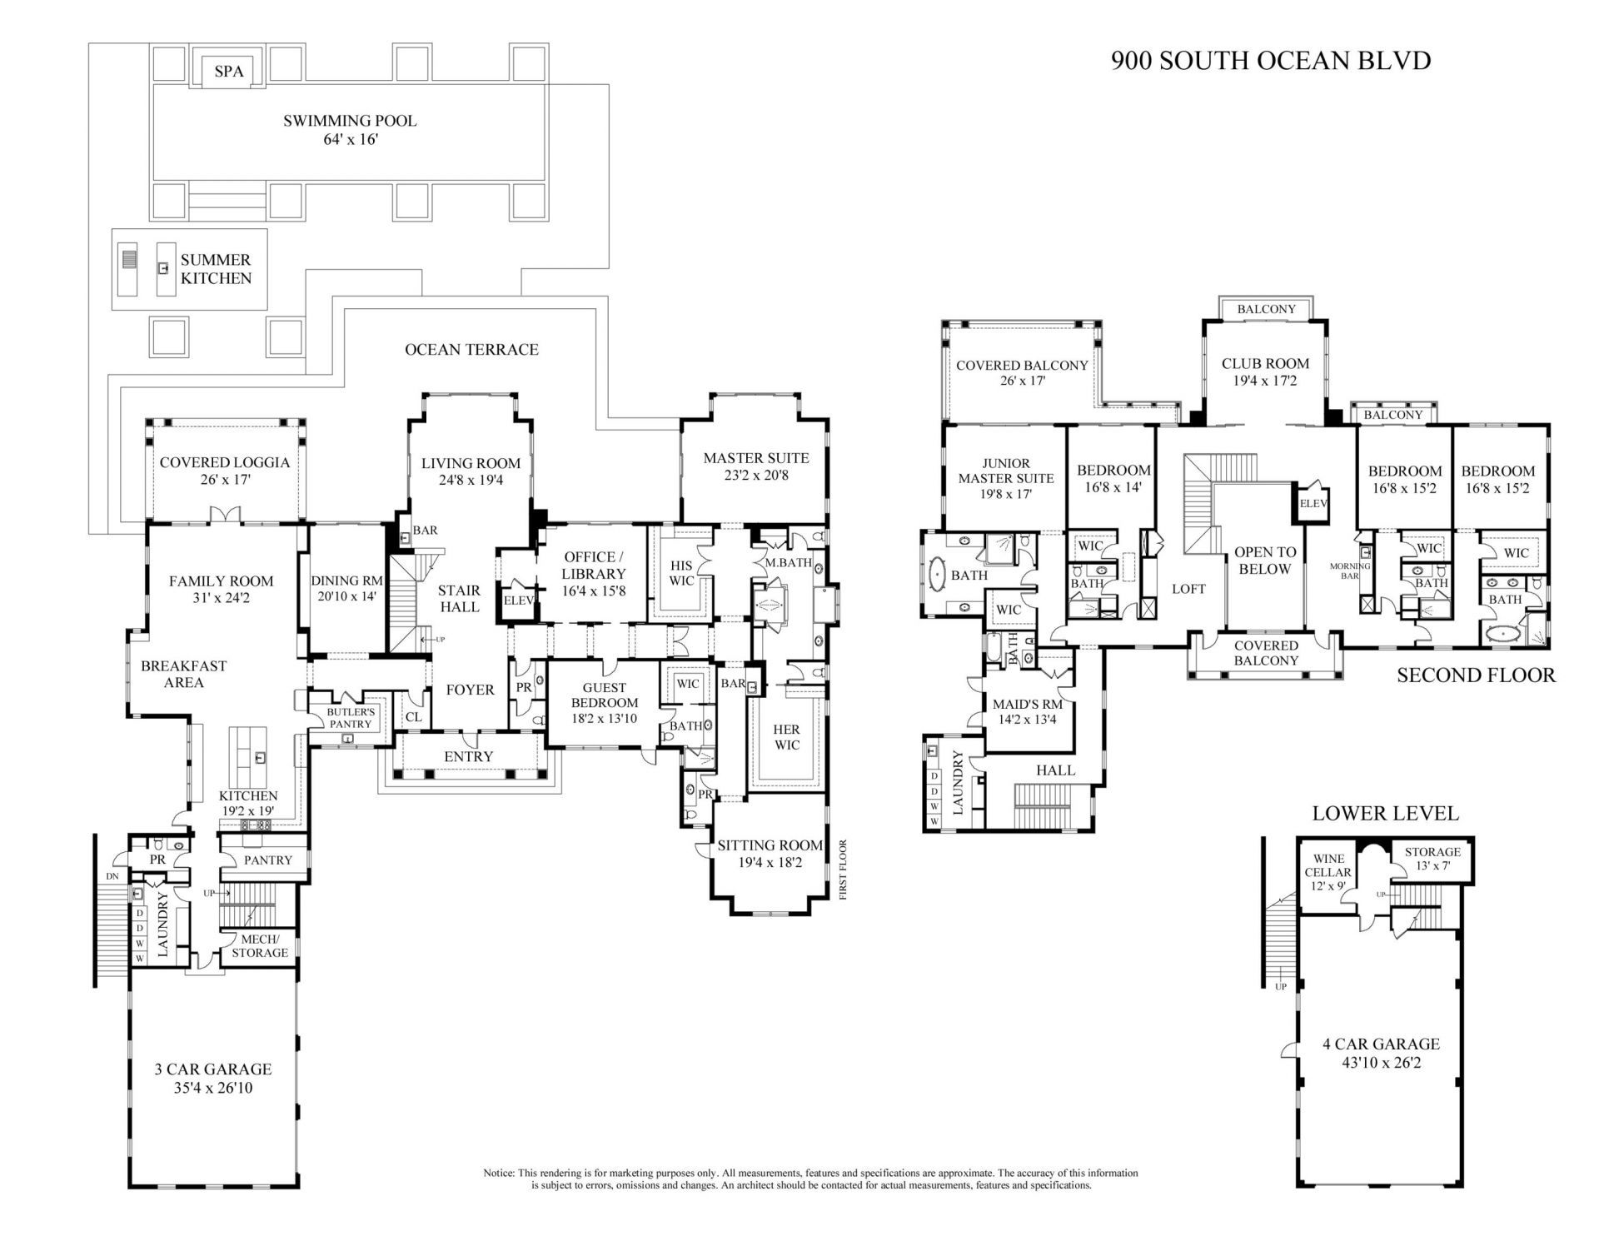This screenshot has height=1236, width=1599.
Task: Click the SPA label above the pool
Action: (x=229, y=71)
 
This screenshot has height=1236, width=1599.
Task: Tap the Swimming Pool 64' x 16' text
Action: (x=350, y=130)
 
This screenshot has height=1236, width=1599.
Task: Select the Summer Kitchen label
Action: (x=216, y=269)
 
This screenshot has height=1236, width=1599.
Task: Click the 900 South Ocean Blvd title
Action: (x=1271, y=61)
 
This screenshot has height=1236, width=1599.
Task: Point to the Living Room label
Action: (x=471, y=471)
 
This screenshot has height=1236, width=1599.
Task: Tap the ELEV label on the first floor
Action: (x=518, y=600)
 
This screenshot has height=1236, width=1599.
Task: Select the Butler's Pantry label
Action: (x=351, y=718)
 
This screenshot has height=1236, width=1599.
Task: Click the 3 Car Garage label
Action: (x=213, y=1078)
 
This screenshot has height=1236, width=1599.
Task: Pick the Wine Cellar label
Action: (x=1328, y=872)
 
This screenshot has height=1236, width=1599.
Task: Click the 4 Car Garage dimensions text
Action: (x=1381, y=1063)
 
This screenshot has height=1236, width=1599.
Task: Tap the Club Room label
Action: (x=1265, y=371)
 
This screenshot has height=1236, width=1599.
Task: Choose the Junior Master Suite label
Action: (x=1006, y=478)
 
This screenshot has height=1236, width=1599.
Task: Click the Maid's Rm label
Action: (x=1028, y=711)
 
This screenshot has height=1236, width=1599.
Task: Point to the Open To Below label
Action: (x=1265, y=561)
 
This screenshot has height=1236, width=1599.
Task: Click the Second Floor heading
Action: (x=1476, y=675)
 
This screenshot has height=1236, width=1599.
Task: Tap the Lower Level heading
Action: (x=1385, y=814)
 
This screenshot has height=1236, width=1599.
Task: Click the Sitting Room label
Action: (x=770, y=854)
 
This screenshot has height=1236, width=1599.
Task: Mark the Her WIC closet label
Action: (x=786, y=737)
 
